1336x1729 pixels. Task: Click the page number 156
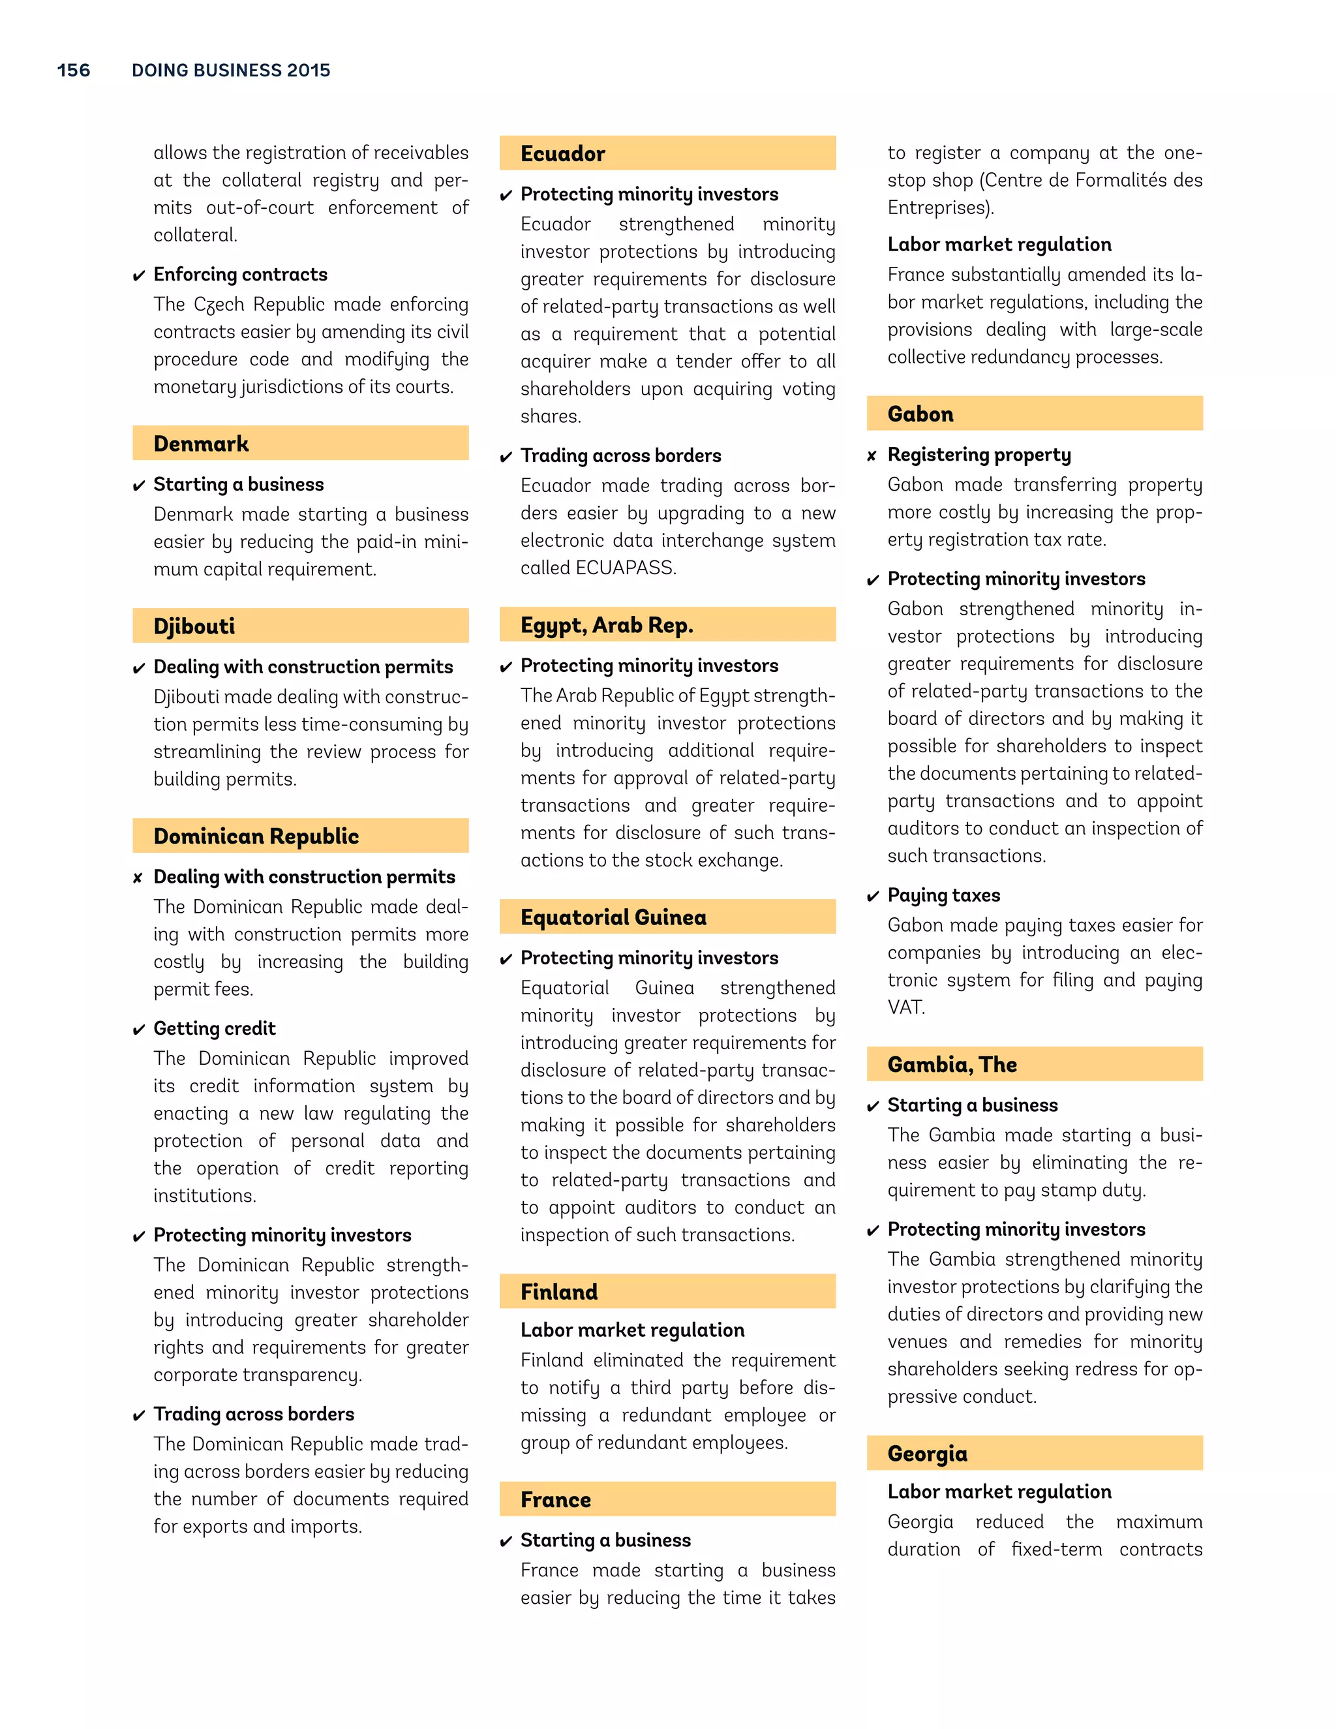74,70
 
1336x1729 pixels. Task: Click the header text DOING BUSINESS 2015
231,70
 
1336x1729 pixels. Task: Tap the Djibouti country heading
194,626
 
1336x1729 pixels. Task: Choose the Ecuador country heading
563,153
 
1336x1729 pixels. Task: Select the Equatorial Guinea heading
613,917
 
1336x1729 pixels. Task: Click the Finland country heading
559,1292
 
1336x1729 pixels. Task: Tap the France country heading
556,1500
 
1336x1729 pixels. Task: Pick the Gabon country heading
920,414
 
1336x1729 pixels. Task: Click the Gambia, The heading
952,1065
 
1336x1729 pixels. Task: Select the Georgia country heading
928,1454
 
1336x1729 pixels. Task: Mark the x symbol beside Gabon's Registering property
872,456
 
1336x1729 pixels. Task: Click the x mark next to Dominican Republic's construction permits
138,878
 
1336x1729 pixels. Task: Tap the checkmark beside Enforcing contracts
138,275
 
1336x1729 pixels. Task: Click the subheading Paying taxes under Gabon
943,895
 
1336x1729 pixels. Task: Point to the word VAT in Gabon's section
905,1008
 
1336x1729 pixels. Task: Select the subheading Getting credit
215,1028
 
